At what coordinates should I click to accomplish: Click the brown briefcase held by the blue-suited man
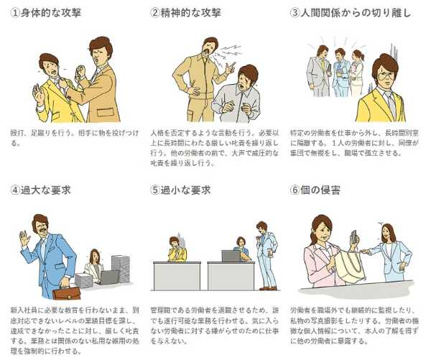[65, 291]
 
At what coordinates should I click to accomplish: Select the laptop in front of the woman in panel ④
[108, 277]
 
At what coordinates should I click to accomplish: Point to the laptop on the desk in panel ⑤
[231, 255]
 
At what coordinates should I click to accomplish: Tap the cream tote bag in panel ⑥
[350, 265]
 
